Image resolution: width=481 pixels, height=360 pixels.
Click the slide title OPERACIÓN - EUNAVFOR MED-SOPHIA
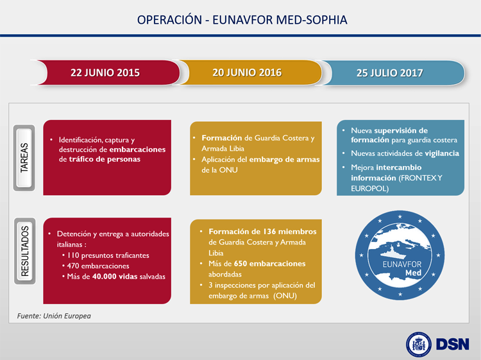[x=242, y=20]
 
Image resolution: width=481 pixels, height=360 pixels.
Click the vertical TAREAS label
[x=24, y=158]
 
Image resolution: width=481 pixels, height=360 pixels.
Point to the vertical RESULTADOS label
[x=25, y=251]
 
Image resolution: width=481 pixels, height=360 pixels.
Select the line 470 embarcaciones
[x=98, y=266]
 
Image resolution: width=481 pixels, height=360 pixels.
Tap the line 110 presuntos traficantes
[x=108, y=255]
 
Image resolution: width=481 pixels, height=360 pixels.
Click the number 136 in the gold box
[x=269, y=232]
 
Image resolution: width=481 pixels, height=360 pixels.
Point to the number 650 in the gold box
[x=240, y=264]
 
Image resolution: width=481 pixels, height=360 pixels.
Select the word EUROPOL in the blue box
[x=369, y=189]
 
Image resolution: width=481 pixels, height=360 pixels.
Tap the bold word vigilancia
[x=442, y=153]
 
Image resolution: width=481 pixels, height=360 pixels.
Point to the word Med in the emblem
[x=413, y=273]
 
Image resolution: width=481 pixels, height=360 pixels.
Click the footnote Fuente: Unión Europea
[x=54, y=316]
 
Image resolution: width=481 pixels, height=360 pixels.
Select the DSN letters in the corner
[x=453, y=345]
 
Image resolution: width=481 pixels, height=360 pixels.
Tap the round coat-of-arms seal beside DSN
[x=418, y=345]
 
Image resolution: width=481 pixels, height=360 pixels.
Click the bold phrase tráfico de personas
[x=105, y=159]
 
